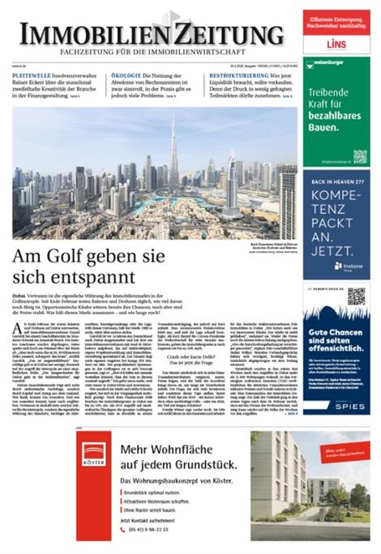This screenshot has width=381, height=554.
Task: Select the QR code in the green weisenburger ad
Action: [359, 156]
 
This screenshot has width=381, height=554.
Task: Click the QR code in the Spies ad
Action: [355, 296]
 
